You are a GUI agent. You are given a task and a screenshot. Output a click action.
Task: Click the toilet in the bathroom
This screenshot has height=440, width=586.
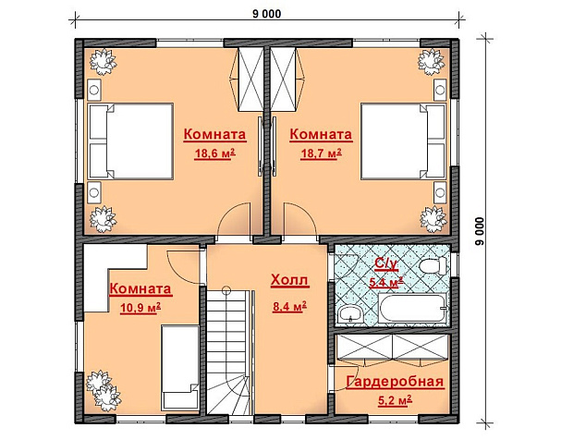tap(433, 266)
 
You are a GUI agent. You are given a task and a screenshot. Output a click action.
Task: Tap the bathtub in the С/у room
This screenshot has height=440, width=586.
tap(413, 308)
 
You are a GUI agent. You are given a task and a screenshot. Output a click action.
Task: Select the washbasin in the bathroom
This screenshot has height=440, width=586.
tap(349, 314)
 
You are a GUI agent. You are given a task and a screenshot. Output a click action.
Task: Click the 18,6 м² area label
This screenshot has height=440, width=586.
tap(214, 153)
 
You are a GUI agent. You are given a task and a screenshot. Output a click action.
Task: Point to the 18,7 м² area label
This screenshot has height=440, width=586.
tap(321, 153)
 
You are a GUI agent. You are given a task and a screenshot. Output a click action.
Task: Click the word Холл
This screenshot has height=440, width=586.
tap(289, 280)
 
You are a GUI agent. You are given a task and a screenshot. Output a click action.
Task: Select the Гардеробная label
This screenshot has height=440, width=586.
tap(395, 382)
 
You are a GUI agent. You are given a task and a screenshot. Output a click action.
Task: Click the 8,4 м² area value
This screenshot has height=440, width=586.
tap(289, 307)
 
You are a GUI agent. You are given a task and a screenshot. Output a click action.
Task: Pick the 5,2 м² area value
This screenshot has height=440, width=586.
tap(395, 401)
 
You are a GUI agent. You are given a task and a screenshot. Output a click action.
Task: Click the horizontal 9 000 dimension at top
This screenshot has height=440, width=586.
tap(267, 14)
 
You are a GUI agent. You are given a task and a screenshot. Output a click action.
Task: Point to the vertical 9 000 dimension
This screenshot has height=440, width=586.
tap(480, 231)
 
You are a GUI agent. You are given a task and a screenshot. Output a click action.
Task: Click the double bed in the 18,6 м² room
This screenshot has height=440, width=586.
tap(130, 141)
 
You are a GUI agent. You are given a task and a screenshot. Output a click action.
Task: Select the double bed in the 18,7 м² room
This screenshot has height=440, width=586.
tap(404, 141)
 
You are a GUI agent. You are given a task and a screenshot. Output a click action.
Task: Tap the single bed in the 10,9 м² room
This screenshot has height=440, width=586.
tap(179, 368)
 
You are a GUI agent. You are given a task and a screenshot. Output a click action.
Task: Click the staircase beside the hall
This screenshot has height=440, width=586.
tap(228, 352)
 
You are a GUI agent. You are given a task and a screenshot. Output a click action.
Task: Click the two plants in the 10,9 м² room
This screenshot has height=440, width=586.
tap(104, 391)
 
